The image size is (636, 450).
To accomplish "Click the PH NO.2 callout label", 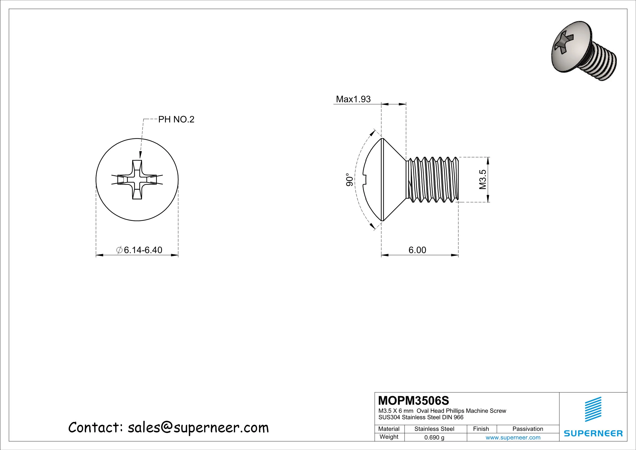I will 176,119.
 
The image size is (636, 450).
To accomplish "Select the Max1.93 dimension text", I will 353,99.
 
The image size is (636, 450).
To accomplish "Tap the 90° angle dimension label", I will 350,180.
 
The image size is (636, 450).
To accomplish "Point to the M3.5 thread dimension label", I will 483,179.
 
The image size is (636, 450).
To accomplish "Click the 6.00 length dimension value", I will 417,250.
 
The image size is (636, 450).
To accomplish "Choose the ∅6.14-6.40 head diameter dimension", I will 139,250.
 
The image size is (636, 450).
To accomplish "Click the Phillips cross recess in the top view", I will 137,180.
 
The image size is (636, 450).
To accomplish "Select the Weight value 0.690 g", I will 434,438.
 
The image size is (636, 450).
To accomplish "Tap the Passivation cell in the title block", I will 527,429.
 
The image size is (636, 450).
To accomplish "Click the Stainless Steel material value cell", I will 434,429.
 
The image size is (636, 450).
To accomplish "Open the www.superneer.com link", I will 513,438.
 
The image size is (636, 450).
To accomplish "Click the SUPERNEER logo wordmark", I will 593,433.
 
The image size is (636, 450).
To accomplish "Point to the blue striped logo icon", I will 593,409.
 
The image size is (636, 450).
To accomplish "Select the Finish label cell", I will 481,429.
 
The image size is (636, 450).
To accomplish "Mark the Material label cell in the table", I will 389,429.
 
